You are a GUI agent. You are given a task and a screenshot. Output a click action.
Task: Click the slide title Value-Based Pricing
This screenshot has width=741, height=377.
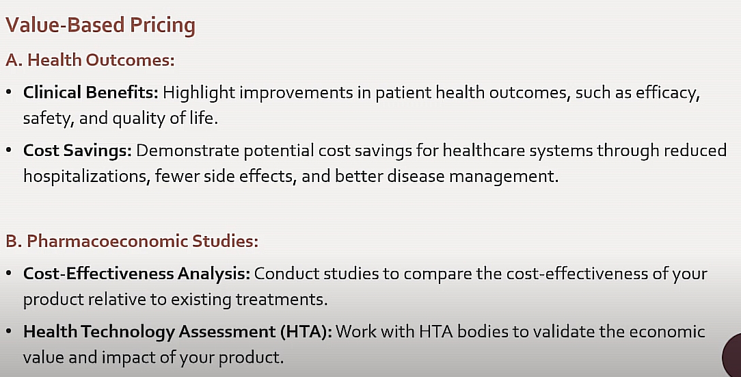coord(100,25)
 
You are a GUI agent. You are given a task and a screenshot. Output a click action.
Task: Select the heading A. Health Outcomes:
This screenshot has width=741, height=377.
coord(90,60)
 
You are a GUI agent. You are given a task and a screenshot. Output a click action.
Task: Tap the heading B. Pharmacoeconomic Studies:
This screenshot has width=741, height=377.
coord(133,242)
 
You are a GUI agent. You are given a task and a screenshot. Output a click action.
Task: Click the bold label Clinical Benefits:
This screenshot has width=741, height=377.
coord(91,92)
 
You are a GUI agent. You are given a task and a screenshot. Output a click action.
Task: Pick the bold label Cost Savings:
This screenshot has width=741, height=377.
coord(77,151)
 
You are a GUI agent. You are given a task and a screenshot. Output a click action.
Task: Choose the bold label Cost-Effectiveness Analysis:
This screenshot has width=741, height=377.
coord(137,274)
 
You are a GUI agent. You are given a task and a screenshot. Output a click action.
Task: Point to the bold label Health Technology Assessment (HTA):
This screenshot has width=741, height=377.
coord(178,332)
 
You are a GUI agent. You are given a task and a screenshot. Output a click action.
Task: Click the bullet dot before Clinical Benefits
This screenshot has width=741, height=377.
coord(9,92)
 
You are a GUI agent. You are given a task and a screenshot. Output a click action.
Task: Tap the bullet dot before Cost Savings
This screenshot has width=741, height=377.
coord(9,150)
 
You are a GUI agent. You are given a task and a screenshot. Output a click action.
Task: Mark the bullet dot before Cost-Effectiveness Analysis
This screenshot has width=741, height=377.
coord(9,274)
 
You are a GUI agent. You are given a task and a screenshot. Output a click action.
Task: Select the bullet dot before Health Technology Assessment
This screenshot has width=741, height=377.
coord(9,331)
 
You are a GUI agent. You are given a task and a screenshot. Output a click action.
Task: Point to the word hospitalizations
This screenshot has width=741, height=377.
coord(87,177)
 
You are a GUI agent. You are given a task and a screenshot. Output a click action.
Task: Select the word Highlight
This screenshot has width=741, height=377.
coord(199,93)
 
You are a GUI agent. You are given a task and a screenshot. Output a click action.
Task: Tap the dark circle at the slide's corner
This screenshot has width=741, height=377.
coord(733,356)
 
